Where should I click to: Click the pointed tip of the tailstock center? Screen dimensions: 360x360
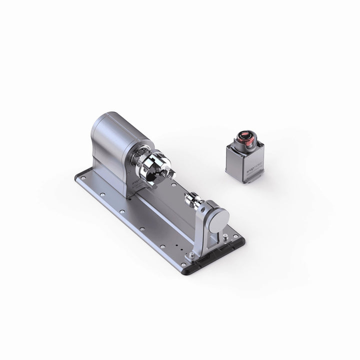(x=184, y=198)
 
